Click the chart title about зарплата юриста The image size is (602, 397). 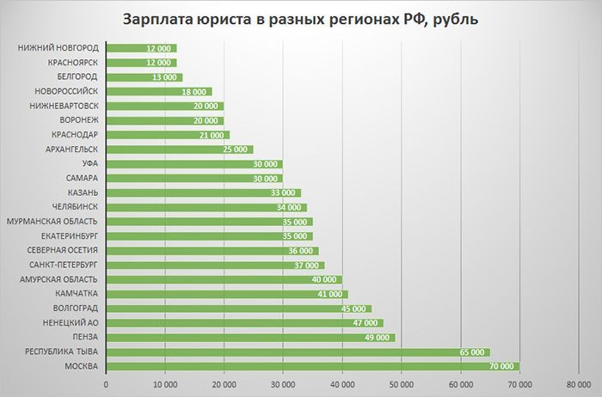(300, 19)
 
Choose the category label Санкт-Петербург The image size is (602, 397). (64, 265)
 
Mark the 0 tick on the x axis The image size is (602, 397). (105, 384)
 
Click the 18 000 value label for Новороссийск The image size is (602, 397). (194, 91)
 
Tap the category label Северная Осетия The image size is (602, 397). (64, 250)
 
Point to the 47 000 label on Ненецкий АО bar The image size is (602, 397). (367, 323)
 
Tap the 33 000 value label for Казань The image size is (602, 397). (284, 192)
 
